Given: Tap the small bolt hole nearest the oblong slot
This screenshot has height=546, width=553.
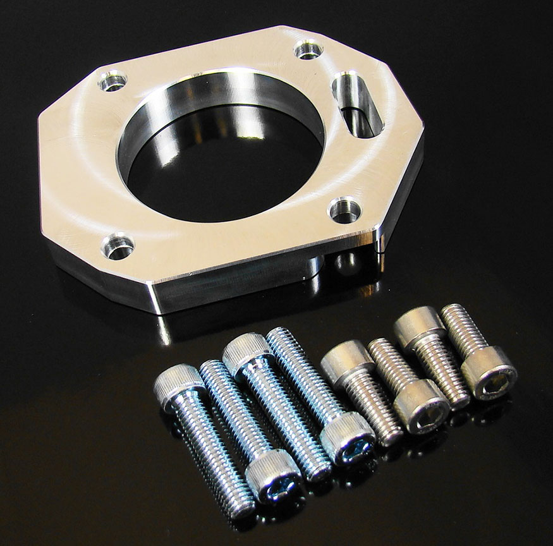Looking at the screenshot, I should coord(309,49).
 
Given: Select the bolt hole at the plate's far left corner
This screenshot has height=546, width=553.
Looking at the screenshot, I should coord(112,82).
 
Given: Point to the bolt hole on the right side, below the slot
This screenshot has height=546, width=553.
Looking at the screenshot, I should coord(344,210).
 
